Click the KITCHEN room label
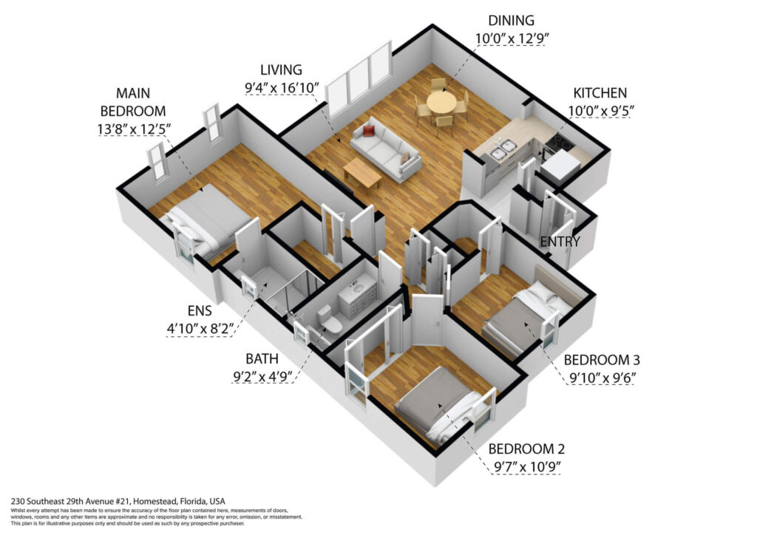pyautogui.click(x=600, y=92)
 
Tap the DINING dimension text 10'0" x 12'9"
pyautogui.click(x=512, y=38)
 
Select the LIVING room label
pyautogui.click(x=281, y=70)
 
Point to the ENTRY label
pyautogui.click(x=560, y=241)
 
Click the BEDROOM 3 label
pyautogui.click(x=602, y=360)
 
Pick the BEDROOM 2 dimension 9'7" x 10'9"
pyautogui.click(x=526, y=467)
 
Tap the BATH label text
pyautogui.click(x=262, y=359)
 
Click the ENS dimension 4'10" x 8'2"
pyautogui.click(x=200, y=329)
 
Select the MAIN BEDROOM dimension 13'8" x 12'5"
pyautogui.click(x=135, y=129)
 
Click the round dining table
pyautogui.click(x=441, y=102)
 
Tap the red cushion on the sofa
pyautogui.click(x=369, y=131)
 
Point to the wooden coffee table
pyautogui.click(x=362, y=173)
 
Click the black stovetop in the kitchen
pyautogui.click(x=559, y=141)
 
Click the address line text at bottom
pyautogui.click(x=118, y=501)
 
